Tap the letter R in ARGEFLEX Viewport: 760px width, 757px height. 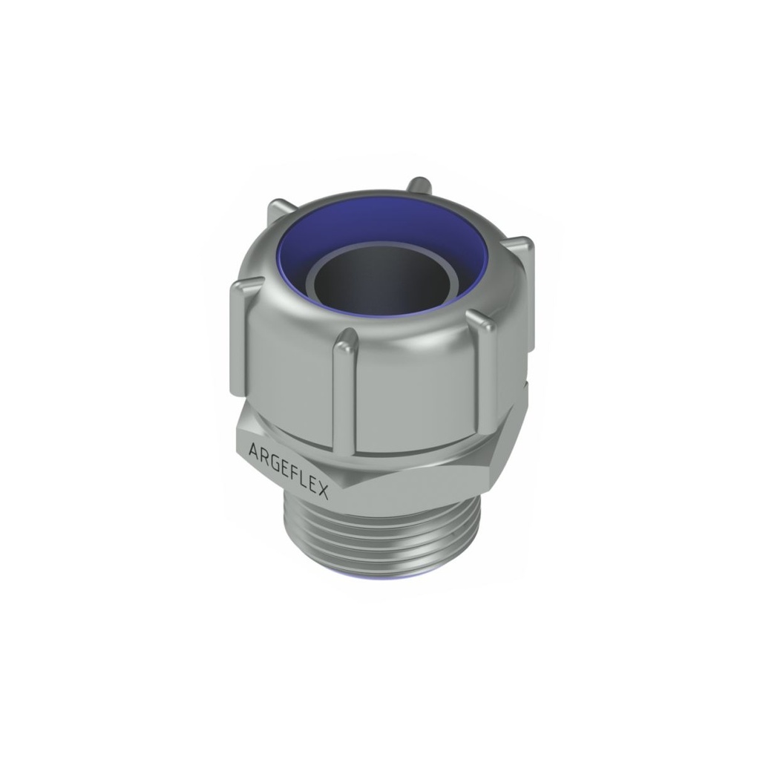pyautogui.click(x=263, y=455)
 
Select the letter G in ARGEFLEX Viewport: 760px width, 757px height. pyautogui.click(x=275, y=460)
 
